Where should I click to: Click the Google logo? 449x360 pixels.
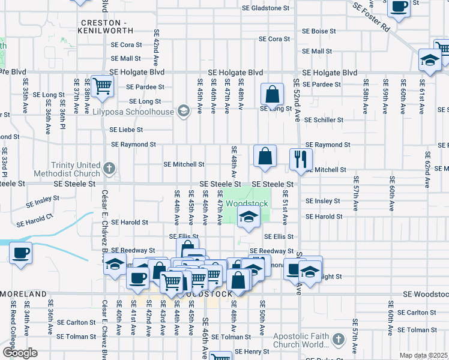point(20,352)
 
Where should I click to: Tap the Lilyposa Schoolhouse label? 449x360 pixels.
point(136,111)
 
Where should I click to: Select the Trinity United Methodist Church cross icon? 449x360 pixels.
point(109,167)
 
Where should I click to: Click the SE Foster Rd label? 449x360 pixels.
point(372,17)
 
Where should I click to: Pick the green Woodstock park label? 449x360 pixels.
point(247,203)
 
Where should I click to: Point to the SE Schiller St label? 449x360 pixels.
point(324,120)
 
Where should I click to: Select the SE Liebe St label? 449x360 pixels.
point(126,130)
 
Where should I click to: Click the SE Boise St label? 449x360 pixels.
point(319,31)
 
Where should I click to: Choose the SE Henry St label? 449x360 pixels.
point(252,352)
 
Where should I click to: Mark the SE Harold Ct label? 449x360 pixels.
point(35,220)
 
